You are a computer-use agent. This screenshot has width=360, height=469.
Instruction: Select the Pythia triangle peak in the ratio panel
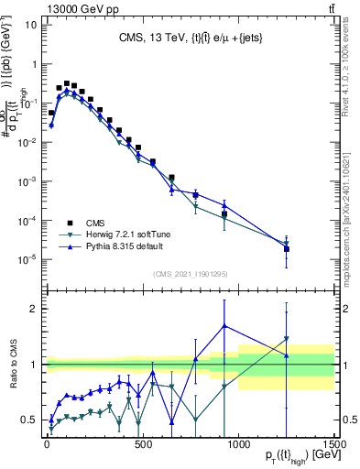225,326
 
